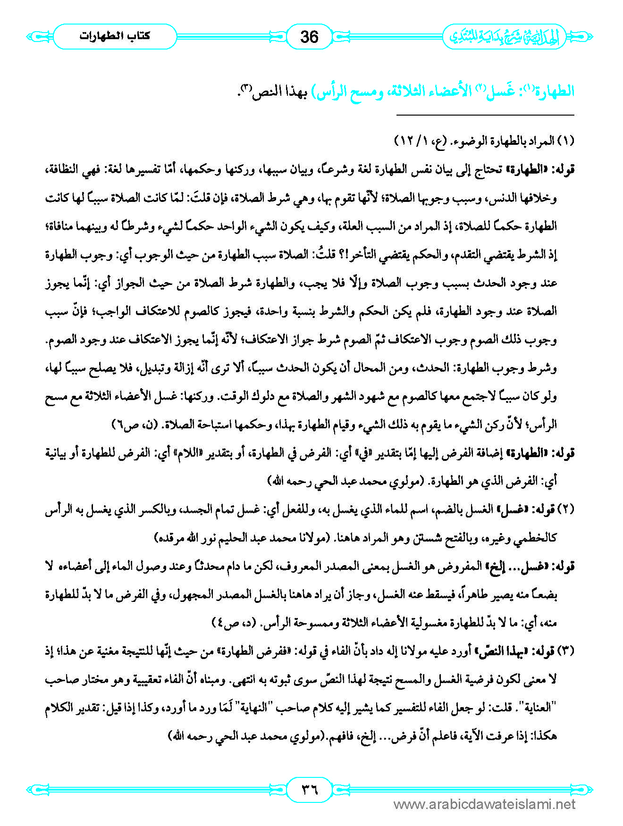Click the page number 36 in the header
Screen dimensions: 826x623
point(309,37)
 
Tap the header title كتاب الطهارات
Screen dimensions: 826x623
point(115,36)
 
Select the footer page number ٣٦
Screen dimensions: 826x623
point(310,788)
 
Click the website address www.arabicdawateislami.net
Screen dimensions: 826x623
point(484,804)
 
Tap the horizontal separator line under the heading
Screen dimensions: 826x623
point(485,115)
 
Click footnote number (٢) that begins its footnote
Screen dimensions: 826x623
point(565,509)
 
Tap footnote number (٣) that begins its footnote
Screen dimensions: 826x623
point(565,651)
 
